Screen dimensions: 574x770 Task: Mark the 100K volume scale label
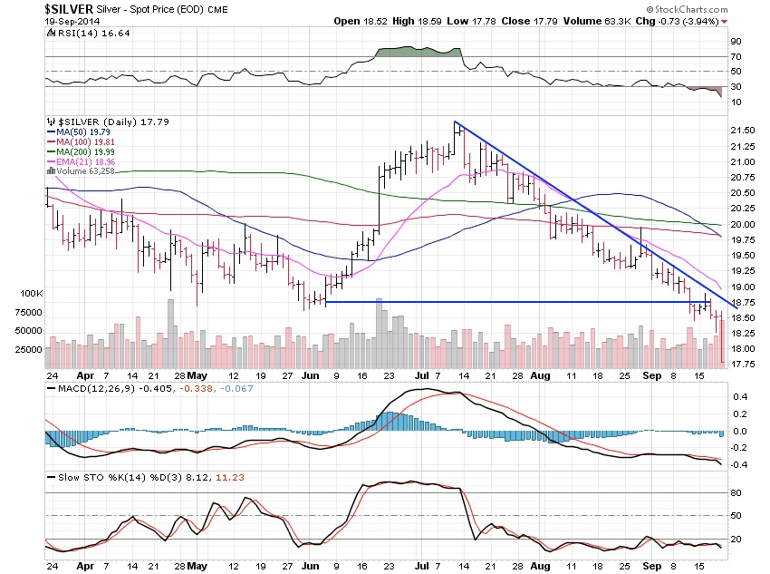(32, 295)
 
